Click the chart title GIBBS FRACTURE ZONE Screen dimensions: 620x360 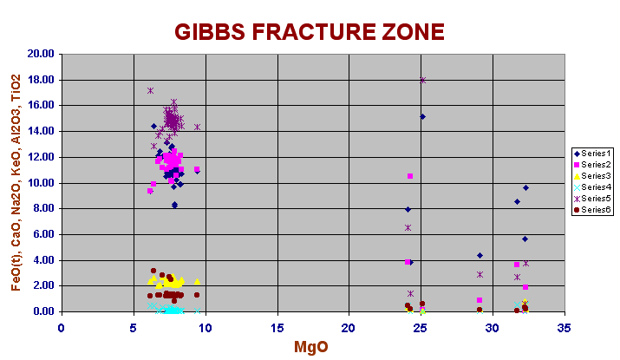[310, 31]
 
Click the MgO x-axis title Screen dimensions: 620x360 [311, 347]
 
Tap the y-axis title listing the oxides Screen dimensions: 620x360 [16, 183]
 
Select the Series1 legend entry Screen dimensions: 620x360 [592, 154]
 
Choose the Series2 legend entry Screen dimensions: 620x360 [592, 165]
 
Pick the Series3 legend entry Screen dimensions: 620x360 [592, 176]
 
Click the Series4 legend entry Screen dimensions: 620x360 [592, 187]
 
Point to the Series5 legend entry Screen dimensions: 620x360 [592, 199]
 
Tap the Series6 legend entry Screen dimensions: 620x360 [592, 210]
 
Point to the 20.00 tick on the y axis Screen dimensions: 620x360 [41, 54]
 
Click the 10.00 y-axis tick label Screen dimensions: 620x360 [41, 183]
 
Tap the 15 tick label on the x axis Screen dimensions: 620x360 [277, 328]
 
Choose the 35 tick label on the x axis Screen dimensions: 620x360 [565, 328]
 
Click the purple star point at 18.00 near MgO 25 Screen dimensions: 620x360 [422, 81]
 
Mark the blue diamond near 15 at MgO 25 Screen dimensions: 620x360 [422, 117]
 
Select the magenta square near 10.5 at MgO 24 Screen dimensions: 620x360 [410, 176]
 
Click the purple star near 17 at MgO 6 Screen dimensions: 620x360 [150, 90]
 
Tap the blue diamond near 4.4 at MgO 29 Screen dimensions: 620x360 [480, 256]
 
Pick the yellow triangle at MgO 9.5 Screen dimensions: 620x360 [198, 282]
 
